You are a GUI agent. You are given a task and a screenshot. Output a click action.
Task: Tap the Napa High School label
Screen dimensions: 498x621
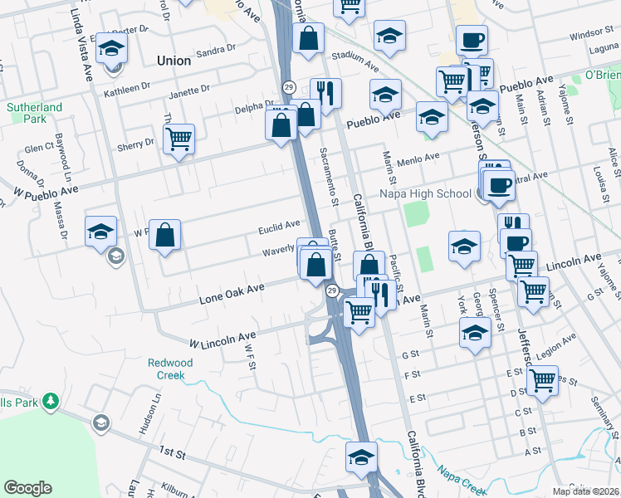coord(425,194)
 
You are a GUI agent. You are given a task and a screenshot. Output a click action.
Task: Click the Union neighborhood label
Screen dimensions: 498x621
coord(174,61)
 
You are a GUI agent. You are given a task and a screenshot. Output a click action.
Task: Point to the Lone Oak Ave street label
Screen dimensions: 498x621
coord(232,291)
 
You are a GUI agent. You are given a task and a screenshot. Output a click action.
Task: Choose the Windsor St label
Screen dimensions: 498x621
coord(591,34)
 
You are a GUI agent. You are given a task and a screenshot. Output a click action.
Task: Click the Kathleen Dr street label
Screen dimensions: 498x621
coord(127,89)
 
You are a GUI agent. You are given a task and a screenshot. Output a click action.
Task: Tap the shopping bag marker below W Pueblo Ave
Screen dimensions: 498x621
coord(166,234)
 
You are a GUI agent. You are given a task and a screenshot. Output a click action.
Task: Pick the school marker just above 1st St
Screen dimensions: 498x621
coord(361,457)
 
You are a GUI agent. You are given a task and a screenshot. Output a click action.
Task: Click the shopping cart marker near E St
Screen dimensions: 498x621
coord(542,380)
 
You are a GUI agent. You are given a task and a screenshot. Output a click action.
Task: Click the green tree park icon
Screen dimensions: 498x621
coord(51,401)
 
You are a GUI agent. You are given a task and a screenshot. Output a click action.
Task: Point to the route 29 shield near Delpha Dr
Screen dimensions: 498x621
coord(289,87)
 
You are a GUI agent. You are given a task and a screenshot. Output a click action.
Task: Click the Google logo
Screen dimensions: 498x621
coord(27,488)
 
